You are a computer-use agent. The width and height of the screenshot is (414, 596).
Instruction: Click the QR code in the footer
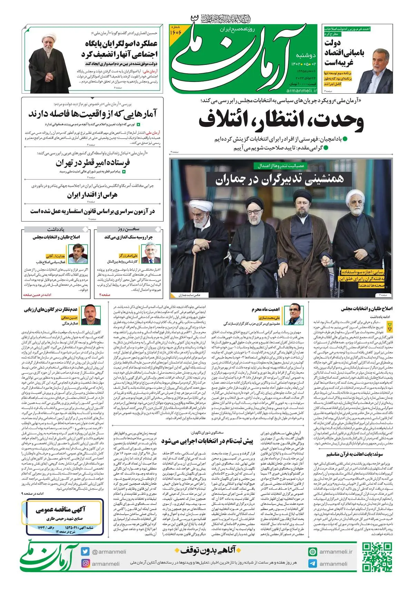377,557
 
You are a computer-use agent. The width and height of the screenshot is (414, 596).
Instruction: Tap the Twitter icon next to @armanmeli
85,552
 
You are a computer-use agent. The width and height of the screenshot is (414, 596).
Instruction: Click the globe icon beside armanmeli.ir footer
313,552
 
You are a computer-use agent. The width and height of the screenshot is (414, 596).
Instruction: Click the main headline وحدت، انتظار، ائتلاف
281,121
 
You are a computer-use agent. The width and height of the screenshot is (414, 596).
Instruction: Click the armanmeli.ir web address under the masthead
302,90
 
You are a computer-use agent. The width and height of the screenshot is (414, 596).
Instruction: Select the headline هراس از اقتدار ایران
92,195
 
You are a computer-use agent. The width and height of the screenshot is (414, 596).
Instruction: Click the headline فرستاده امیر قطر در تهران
93,162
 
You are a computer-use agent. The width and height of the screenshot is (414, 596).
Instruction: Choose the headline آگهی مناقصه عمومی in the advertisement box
61,510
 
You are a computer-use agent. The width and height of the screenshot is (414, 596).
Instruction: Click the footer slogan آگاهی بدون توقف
209,550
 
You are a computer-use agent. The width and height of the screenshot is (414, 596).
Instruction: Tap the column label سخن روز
128,229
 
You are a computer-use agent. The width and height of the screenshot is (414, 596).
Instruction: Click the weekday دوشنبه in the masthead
306,55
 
